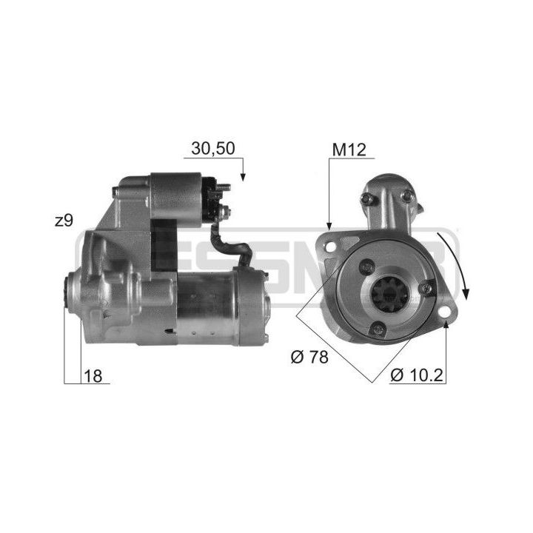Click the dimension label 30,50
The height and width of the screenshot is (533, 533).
click(x=212, y=148)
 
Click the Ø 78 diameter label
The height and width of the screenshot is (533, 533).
click(x=309, y=357)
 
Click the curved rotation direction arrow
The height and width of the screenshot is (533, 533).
click(x=458, y=263)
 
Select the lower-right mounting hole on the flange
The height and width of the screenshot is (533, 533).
click(x=444, y=318)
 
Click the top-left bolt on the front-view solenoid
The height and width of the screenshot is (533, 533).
click(x=366, y=197)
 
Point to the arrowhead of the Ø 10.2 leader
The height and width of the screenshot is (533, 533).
click(x=446, y=326)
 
